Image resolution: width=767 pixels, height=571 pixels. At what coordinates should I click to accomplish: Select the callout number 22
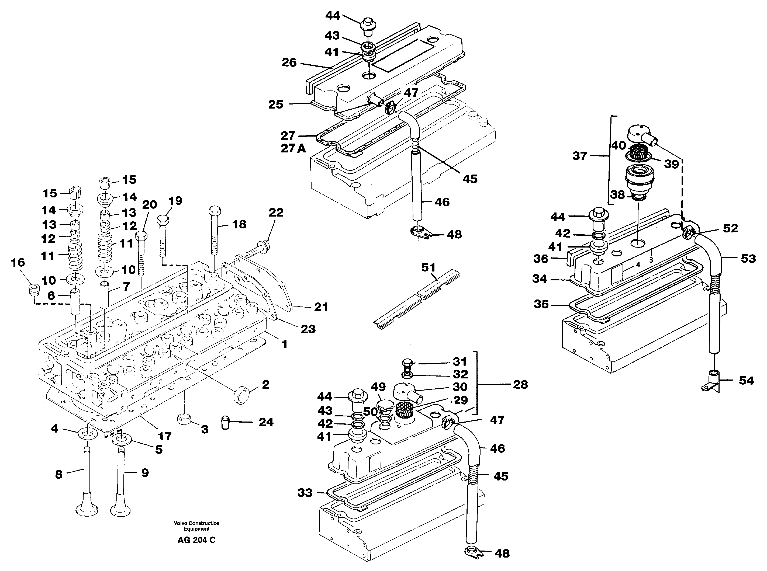(276, 212)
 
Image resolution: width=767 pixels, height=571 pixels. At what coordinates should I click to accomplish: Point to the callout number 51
(428, 267)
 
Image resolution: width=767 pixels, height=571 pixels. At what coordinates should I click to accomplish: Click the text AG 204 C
(196, 540)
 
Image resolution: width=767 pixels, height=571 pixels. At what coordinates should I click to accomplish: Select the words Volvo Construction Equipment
(196, 526)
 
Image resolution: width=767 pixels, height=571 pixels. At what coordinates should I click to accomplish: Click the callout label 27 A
(293, 148)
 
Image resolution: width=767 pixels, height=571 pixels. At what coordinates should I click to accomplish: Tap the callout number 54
(746, 381)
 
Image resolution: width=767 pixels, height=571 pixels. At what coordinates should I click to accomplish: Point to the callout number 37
(580, 156)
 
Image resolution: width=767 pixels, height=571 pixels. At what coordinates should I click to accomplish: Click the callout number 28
(520, 384)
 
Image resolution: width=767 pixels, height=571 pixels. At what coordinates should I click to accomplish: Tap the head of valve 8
(87, 510)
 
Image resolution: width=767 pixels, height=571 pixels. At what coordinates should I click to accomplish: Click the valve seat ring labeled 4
(88, 434)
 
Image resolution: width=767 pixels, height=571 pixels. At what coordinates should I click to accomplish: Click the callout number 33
(305, 493)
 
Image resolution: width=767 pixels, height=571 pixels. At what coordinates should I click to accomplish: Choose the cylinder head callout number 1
(284, 344)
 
